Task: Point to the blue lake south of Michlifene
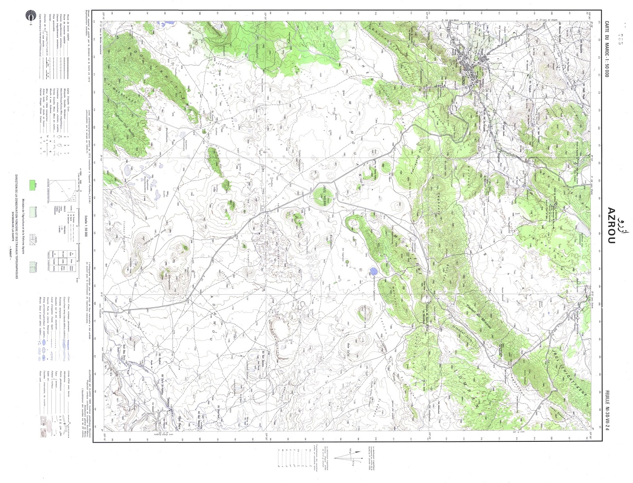click(x=372, y=272)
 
